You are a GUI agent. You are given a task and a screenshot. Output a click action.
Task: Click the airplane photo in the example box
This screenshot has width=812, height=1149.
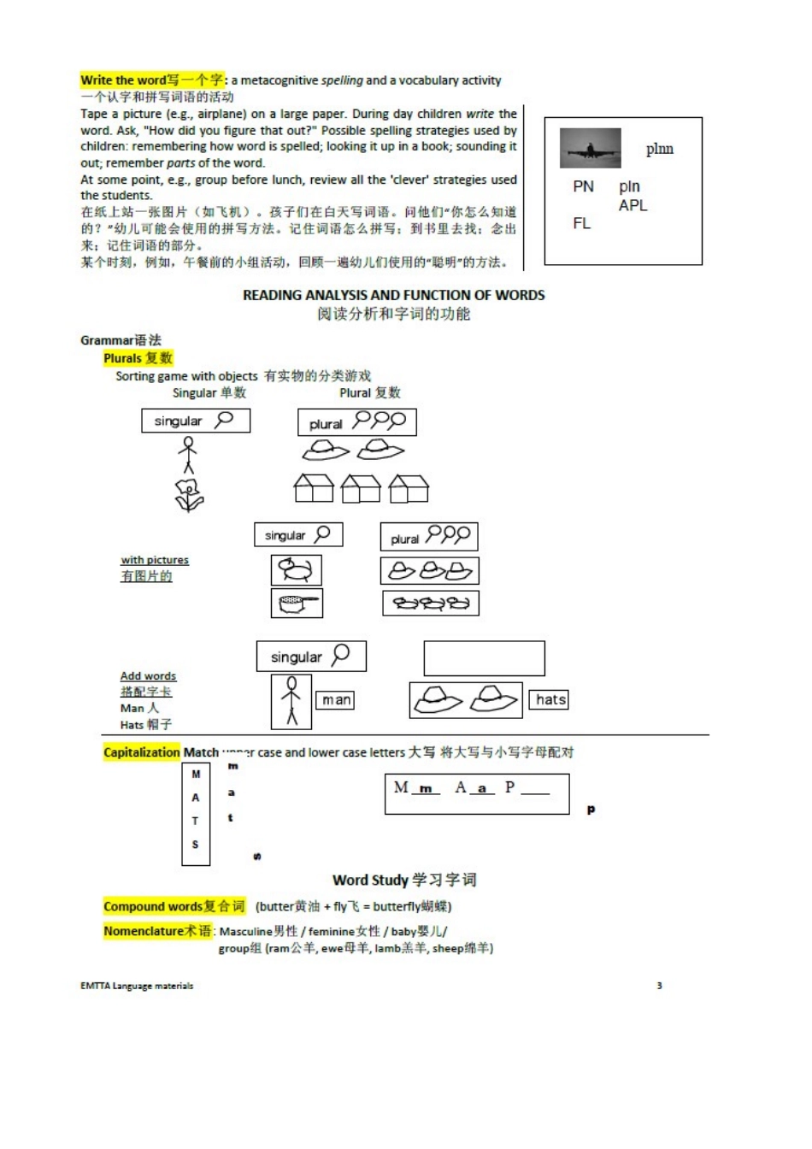pos(590,149)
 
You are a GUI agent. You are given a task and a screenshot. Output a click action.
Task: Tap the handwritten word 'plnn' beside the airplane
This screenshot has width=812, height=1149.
pos(659,149)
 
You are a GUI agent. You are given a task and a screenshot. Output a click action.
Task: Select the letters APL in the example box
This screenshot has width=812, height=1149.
pos(633,205)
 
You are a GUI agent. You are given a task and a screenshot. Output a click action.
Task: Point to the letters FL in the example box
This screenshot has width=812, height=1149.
pos(581,223)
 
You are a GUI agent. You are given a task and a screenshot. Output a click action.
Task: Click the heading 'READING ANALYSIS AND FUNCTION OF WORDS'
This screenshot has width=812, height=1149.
pos(393,295)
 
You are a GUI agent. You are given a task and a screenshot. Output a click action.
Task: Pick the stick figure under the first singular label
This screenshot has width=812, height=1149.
pos(188,454)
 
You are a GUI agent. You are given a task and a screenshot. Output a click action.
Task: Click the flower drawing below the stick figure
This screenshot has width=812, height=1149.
pos(189,494)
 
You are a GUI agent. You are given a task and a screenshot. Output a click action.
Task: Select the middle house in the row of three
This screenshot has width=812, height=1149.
pos(360,488)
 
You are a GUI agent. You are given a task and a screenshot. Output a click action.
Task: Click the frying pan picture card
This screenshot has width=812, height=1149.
pos(297,603)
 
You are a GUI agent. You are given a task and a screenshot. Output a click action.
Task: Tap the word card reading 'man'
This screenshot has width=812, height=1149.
pos(335,700)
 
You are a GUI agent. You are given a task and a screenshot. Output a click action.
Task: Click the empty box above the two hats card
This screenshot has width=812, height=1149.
pos(484,658)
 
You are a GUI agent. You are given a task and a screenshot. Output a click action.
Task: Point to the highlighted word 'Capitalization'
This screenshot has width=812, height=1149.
pos(142,752)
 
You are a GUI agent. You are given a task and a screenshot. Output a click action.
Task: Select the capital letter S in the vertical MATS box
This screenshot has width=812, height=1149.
pos(196,845)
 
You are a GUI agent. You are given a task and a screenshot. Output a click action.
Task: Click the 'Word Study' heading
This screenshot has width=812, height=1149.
pos(403,880)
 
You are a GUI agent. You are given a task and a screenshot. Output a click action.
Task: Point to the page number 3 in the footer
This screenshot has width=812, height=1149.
pos(658,986)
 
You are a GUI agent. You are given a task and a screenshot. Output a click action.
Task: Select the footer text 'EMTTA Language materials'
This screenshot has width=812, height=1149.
pos(137,986)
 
